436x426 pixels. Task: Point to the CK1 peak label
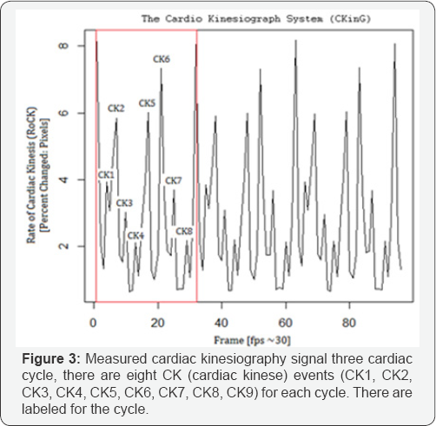107,174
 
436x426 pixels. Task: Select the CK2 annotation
116,108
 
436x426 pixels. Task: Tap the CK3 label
124,203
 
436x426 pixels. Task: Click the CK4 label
135,235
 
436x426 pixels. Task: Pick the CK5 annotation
147,103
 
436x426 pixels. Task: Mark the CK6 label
162,59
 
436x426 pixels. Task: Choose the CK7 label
174,180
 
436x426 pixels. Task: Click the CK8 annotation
184,231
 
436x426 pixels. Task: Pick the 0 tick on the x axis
93,324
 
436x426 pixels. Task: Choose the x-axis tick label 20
157,324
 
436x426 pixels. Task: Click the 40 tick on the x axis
221,324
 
